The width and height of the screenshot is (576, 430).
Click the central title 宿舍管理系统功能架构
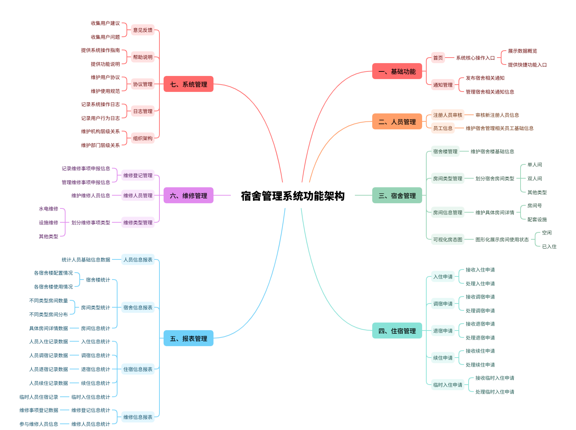[x=293, y=196]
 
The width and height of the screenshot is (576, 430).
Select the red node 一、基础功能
[x=397, y=71]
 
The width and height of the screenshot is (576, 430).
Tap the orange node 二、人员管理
[x=397, y=122]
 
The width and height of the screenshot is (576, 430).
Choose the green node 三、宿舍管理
[x=397, y=196]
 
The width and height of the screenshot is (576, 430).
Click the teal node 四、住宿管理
[x=397, y=331]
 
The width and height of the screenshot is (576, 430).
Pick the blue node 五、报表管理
[x=188, y=338]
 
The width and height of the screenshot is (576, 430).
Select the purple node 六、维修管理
[x=188, y=196]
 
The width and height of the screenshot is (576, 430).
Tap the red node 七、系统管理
[x=188, y=84]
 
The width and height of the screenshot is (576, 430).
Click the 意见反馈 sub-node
[x=142, y=30]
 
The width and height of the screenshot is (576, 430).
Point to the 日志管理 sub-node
[x=142, y=111]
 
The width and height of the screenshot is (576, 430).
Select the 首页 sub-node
[x=438, y=58]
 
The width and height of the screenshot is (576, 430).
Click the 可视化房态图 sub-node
[x=447, y=240]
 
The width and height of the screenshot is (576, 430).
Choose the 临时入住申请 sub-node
[x=447, y=385]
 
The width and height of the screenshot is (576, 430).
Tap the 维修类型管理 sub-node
[x=138, y=223]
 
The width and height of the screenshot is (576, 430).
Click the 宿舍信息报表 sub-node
[x=138, y=308]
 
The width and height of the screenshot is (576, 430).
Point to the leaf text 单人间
[x=534, y=165]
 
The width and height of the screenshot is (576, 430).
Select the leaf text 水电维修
[x=49, y=209]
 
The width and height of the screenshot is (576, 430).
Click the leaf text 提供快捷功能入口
[x=527, y=65]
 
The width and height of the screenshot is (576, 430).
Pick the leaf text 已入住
[x=549, y=247]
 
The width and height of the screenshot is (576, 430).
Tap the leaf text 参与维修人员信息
[x=39, y=424]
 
